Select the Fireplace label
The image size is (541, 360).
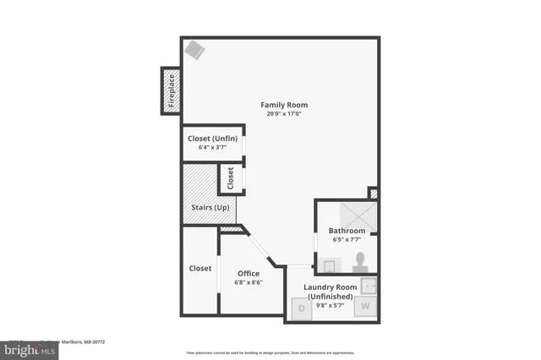171,90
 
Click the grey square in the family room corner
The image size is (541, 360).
195,50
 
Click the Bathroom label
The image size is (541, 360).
347,231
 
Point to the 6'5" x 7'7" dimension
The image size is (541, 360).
347,240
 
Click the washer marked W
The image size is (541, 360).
366,306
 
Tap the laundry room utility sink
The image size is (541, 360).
368,285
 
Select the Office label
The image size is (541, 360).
249,273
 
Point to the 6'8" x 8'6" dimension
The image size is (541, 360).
249,282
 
